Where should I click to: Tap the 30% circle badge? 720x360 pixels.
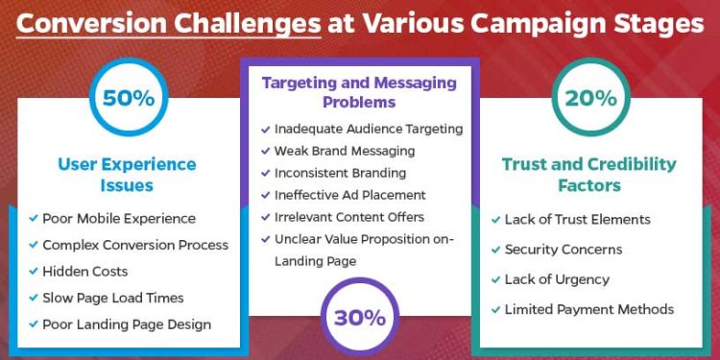pos(360,318)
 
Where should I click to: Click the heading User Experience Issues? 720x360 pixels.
pos(128,174)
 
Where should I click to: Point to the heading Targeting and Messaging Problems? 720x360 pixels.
pos(360,93)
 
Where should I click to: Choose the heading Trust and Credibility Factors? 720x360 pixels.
pos(589,174)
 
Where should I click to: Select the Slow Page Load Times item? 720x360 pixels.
pos(113,298)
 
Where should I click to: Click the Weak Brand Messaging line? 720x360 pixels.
pos(345,151)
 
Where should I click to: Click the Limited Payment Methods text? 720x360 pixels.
pos(589,309)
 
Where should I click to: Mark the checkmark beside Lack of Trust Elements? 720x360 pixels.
pos(494,220)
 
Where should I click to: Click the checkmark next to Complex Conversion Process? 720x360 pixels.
pos(34,246)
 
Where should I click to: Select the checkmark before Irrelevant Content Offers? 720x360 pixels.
pos(265,217)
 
